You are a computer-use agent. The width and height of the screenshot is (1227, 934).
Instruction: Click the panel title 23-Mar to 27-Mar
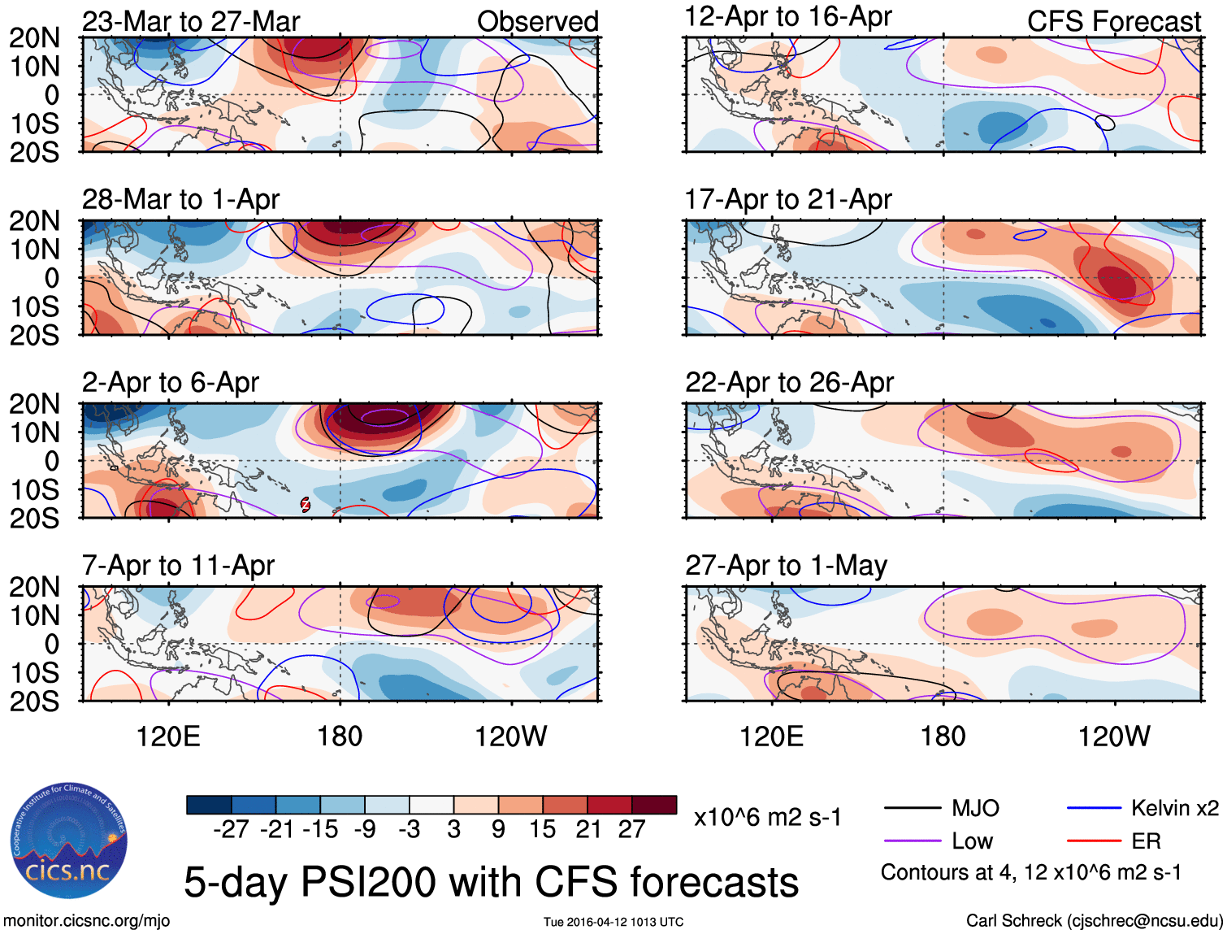[191, 21]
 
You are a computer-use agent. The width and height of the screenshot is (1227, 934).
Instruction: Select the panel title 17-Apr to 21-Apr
[788, 199]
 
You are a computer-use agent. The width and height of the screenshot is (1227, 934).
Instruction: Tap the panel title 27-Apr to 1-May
[786, 565]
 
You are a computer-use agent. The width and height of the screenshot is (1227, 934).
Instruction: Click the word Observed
[537, 21]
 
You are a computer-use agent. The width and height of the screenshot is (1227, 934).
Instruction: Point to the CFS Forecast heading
[1113, 21]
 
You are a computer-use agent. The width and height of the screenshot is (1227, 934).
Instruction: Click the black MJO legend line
[912, 808]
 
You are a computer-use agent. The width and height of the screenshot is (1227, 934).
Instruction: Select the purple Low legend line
[912, 841]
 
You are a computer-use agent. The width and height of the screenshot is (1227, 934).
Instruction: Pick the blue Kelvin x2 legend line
[1094, 808]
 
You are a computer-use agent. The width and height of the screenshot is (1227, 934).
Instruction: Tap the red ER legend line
[1094, 841]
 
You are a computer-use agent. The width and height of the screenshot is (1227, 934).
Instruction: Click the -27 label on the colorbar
[231, 829]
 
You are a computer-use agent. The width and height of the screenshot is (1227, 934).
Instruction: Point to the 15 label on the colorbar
[542, 829]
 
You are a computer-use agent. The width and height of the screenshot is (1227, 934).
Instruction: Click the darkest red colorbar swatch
[654, 805]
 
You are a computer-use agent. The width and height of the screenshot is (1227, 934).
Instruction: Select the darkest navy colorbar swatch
[209, 805]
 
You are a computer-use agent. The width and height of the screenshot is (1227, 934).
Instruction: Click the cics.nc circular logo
[69, 841]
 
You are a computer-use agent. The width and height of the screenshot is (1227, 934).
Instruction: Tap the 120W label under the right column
[1113, 736]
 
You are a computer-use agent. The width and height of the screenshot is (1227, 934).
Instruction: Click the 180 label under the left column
[340, 736]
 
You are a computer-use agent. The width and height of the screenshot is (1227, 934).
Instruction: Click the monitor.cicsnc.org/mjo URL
[87, 920]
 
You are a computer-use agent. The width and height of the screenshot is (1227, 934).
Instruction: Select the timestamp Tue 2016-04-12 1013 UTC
[613, 922]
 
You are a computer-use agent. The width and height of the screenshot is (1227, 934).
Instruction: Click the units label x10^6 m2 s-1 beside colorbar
[767, 817]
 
